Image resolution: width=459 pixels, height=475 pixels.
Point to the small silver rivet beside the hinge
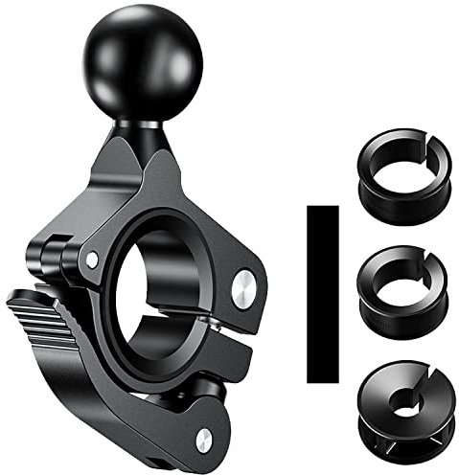[x=91, y=260]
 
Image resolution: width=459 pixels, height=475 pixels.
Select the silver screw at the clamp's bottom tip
[x=203, y=439]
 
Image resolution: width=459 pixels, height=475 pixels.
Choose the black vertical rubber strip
[x=323, y=292]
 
